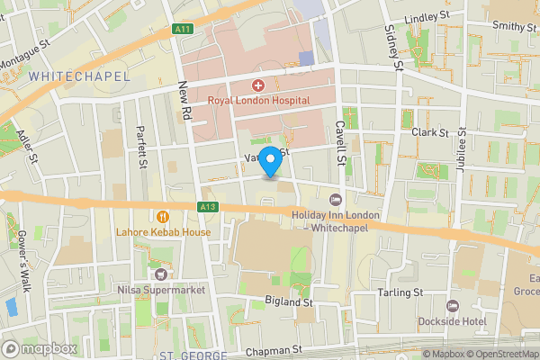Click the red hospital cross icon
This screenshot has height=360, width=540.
258,85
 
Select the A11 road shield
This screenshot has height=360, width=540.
183,30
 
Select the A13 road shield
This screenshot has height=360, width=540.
208,207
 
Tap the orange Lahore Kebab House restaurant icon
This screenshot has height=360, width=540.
163,216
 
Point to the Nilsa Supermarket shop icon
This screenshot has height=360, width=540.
162,274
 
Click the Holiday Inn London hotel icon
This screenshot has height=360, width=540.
337,200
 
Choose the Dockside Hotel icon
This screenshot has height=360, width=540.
453,306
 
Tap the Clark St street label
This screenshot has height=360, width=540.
430,132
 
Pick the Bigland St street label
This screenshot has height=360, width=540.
288,303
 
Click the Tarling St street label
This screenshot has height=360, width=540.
400,293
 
